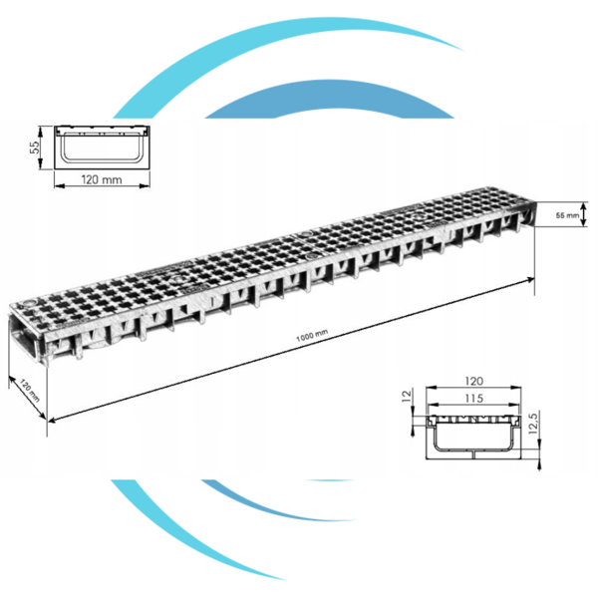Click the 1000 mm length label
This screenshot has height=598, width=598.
pyautogui.click(x=312, y=336)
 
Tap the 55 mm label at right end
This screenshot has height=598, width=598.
pyautogui.click(x=567, y=215)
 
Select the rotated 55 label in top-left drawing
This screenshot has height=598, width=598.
pyautogui.click(x=34, y=148)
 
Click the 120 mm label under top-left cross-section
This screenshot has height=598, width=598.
pyautogui.click(x=102, y=179)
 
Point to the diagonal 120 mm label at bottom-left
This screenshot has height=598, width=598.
pyautogui.click(x=29, y=390)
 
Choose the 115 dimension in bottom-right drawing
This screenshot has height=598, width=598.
pyautogui.click(x=473, y=399)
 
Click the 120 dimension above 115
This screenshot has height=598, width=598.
pyautogui.click(x=473, y=381)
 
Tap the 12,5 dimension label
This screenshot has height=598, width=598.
pyautogui.click(x=533, y=424)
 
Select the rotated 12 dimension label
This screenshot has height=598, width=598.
pyautogui.click(x=407, y=396)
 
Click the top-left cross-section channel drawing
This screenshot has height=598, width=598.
pyautogui.click(x=102, y=148)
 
